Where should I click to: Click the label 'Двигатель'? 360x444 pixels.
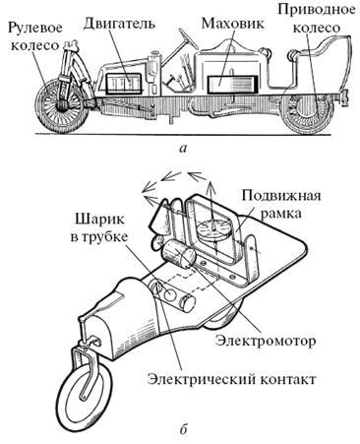[x=119, y=24]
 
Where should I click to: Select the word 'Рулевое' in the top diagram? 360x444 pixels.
[x=34, y=29]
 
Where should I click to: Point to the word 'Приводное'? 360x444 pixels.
[x=316, y=10]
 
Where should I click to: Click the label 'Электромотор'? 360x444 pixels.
[x=266, y=341]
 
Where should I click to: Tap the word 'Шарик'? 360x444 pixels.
[x=99, y=220]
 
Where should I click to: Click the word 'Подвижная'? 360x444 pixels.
[x=280, y=197]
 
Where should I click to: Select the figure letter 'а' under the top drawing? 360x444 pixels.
[x=183, y=149]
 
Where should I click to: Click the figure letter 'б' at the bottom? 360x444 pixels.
[x=183, y=429]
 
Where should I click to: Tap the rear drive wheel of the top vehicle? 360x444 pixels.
[x=308, y=111]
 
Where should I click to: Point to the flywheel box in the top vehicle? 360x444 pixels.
[x=231, y=85]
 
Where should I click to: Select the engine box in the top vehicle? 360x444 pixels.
[x=124, y=84]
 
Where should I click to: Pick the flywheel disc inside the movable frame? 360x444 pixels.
[x=214, y=228]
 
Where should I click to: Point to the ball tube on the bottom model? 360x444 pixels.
[x=172, y=291]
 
